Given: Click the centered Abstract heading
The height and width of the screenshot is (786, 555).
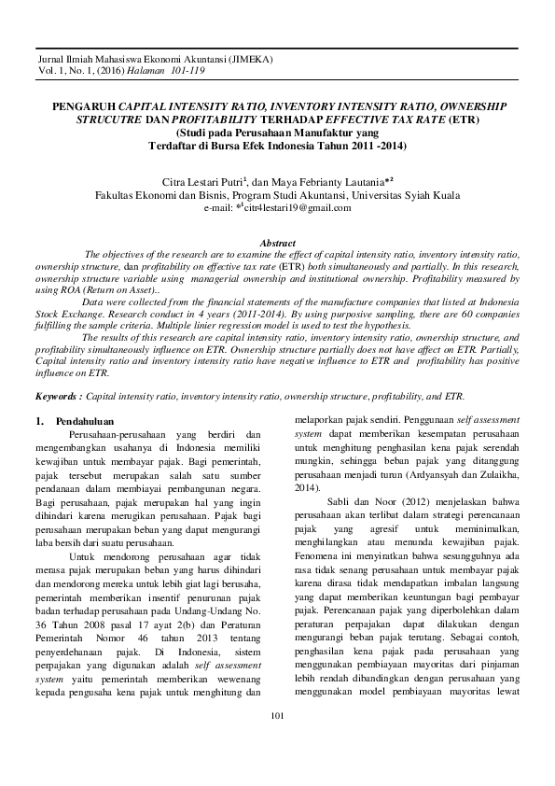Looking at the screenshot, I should coord(277,242).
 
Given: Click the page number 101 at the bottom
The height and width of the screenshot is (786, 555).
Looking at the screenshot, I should coord(276,742).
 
